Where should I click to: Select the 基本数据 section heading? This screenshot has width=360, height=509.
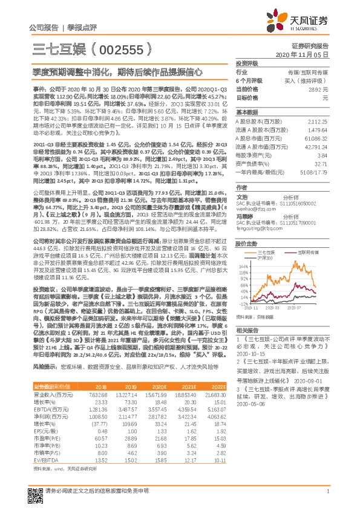coord(246,112)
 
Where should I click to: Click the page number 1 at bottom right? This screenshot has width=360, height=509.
coord(327,498)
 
